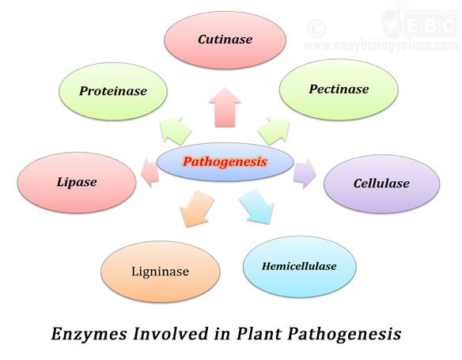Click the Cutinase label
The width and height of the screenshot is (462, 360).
tap(225, 40)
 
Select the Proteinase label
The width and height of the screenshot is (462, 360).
tap(113, 91)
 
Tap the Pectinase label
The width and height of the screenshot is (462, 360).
tap(339, 89)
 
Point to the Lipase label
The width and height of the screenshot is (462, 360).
tap(77, 182)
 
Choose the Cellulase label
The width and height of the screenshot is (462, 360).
tap(381, 184)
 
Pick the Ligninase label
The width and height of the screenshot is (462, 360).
tap(161, 271)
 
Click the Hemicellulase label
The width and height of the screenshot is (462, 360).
tap(299, 267)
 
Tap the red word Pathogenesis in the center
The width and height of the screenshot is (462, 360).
tap(225, 161)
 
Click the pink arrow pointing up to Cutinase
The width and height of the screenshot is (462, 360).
tap(225, 108)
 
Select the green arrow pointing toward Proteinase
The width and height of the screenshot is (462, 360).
tap(176, 131)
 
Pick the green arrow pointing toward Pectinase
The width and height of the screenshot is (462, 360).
tap(274, 131)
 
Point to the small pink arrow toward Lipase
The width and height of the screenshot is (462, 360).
tap(150, 172)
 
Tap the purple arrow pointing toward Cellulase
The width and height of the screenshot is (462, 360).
tap(305, 173)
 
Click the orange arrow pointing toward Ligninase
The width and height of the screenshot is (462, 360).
tap(196, 209)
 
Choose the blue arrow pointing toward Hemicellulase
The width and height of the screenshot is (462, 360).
tap(257, 207)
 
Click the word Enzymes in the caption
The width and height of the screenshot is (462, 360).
tap(89, 335)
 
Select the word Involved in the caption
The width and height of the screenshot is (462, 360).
tap(170, 334)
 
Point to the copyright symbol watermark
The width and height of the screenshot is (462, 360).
tap(316, 28)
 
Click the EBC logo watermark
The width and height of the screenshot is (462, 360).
tap(419, 24)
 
